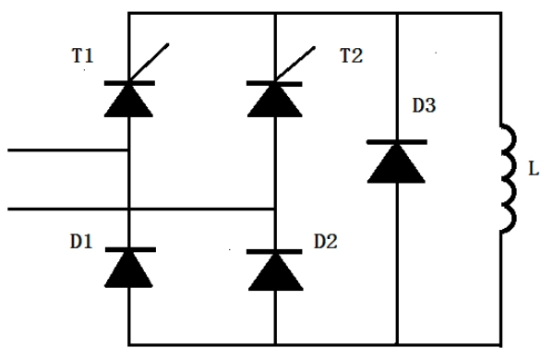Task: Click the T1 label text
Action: [82, 57]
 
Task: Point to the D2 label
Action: [326, 243]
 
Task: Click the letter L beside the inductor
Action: [534, 170]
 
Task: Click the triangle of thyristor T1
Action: [127, 100]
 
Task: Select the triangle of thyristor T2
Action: [275, 100]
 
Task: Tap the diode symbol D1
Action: [127, 267]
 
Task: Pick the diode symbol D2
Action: [275, 267]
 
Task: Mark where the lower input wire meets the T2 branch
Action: [275, 209]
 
